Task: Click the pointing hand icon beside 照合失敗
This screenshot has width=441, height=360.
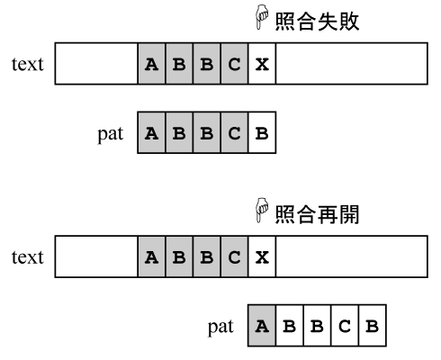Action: (x=262, y=17)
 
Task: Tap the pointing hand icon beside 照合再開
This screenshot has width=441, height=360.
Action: (x=262, y=210)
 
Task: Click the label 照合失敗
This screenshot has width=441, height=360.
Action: (x=317, y=22)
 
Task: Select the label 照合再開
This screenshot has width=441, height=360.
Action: (x=317, y=214)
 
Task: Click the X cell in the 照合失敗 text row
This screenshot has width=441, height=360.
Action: (x=262, y=64)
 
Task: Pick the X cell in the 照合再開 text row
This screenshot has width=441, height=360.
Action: (x=262, y=256)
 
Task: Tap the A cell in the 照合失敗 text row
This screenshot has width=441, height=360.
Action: (x=151, y=64)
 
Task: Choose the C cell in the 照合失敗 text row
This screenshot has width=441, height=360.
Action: (x=234, y=64)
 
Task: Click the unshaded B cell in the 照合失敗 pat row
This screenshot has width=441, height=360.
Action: (x=262, y=132)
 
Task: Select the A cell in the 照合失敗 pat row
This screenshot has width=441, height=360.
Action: (x=151, y=132)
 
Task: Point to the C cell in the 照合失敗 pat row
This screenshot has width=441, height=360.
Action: (x=234, y=132)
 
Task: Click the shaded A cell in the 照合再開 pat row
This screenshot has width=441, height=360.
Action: (x=262, y=326)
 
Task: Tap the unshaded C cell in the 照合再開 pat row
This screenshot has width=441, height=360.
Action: (x=345, y=326)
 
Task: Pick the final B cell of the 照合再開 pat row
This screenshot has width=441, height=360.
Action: (x=373, y=326)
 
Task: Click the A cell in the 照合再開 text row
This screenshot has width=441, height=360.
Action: (x=151, y=256)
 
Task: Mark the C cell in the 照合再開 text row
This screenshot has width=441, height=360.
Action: (x=234, y=256)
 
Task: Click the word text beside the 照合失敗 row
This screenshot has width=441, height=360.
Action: (x=28, y=64)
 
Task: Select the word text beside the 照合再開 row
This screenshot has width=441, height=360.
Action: (x=28, y=257)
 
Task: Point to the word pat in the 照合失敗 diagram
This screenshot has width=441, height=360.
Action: (x=111, y=134)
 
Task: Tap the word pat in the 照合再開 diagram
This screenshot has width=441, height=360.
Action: (x=220, y=328)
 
